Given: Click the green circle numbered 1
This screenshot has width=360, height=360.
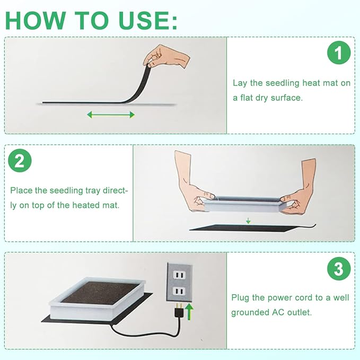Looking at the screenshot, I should (x=338, y=54).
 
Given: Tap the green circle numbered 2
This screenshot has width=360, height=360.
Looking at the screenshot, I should (x=20, y=161).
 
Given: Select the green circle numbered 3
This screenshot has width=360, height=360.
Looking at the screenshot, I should (x=338, y=270).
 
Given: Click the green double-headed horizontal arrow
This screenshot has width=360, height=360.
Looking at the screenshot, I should (x=111, y=115).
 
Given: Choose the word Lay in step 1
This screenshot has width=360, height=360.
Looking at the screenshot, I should (x=240, y=83).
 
